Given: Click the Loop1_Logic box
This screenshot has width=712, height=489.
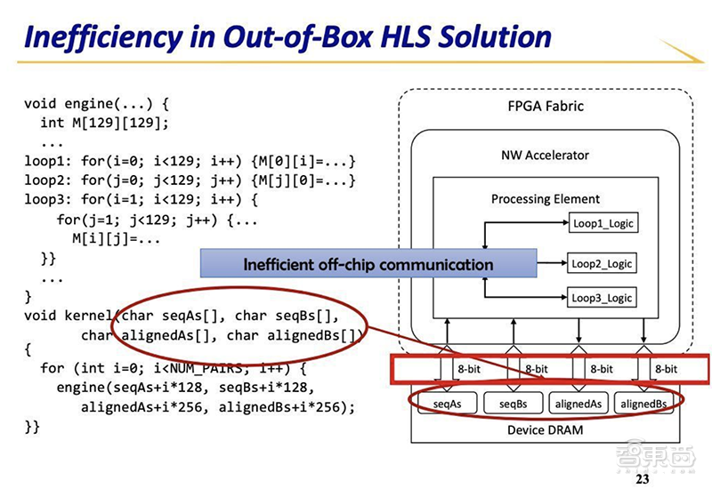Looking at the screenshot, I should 603,223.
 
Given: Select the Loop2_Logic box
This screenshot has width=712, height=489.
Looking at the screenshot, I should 603,263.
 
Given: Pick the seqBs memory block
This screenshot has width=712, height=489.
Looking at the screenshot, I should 513,404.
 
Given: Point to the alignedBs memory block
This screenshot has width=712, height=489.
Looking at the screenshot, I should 643,404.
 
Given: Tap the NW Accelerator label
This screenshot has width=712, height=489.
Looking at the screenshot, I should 545,155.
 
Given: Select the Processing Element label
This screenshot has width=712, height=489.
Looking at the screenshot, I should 545,199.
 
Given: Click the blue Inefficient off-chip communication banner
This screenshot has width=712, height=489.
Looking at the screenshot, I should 368,264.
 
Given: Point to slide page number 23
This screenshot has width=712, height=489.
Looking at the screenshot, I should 642,480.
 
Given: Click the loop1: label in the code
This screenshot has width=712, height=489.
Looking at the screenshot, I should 46,161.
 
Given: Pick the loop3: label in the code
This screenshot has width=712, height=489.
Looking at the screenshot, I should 46,200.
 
